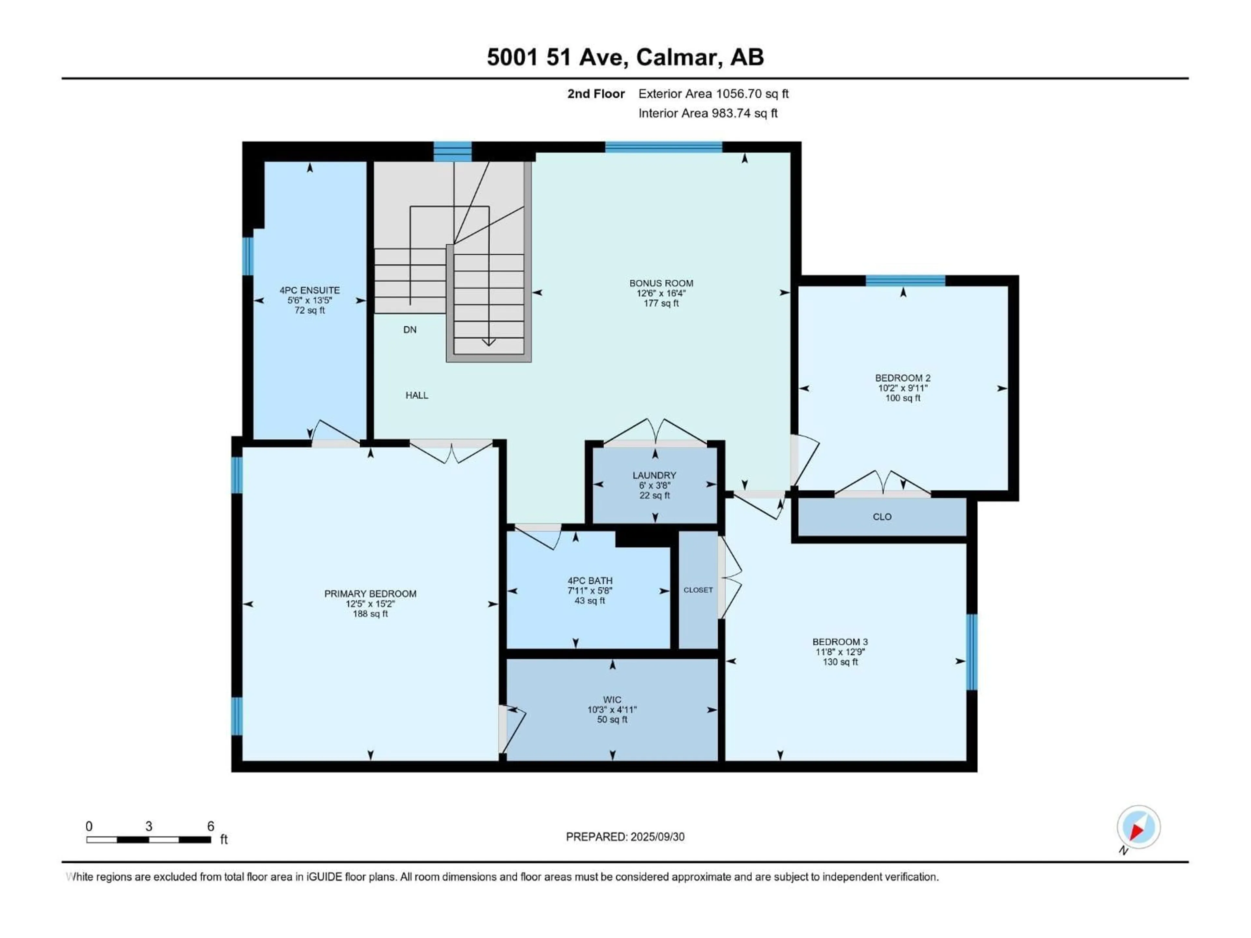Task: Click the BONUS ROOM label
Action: click(661, 283)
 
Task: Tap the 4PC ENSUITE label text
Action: click(309, 290)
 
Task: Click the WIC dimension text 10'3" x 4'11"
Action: click(612, 710)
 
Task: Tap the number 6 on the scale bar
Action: click(210, 827)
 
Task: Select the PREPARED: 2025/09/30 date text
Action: click(625, 837)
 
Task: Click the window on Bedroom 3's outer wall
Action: click(971, 652)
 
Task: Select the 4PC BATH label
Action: click(590, 581)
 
